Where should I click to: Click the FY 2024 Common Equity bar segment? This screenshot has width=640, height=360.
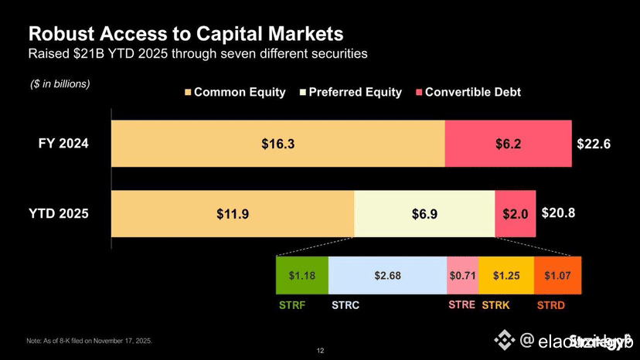pyautogui.click(x=277, y=144)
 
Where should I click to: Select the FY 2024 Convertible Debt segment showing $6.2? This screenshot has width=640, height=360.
pyautogui.click(x=508, y=144)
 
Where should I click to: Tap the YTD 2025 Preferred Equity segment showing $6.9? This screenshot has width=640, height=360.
pyautogui.click(x=424, y=214)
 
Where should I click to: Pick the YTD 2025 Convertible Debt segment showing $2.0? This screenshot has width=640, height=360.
pyautogui.click(x=515, y=214)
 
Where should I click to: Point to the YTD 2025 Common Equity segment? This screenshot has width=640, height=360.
pyautogui.click(x=233, y=214)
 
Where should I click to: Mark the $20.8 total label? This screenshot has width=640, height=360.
pyautogui.click(x=558, y=212)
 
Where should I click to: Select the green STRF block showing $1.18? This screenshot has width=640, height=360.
pyautogui.click(x=301, y=275)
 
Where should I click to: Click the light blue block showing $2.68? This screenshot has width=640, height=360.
pyautogui.click(x=387, y=275)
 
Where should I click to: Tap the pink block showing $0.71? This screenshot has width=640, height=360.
pyautogui.click(x=462, y=275)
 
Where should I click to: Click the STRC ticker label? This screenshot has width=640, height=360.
pyautogui.click(x=345, y=305)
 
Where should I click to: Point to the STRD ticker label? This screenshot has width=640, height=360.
pyautogui.click(x=550, y=305)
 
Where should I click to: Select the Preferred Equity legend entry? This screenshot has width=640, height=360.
pyautogui.click(x=349, y=92)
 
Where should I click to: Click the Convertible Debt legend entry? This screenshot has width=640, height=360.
pyautogui.click(x=468, y=92)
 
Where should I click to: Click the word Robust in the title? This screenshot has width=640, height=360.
pyautogui.click(x=60, y=35)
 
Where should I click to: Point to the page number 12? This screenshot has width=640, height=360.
pyautogui.click(x=320, y=351)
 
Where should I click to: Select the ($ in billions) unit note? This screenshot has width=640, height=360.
pyautogui.click(x=60, y=83)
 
